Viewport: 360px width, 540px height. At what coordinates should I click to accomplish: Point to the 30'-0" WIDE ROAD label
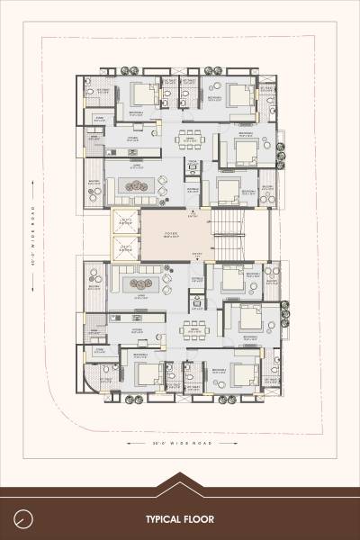(x=180, y=443)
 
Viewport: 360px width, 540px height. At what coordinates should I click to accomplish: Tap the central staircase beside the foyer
(x=229, y=234)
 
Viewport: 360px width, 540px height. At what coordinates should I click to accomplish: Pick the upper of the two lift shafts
(x=125, y=221)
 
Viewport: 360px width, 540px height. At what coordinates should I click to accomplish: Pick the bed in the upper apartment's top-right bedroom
(x=235, y=94)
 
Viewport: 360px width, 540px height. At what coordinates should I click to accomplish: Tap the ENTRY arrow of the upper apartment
(x=190, y=214)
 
